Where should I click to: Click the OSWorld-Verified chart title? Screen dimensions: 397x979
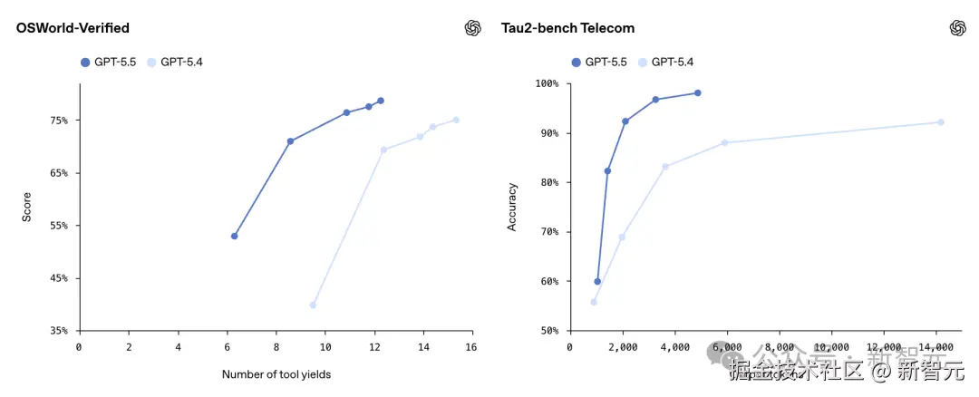pyautogui.click(x=73, y=28)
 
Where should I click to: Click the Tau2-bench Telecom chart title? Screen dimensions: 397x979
pyautogui.click(x=567, y=28)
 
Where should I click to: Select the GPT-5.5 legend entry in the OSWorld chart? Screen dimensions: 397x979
pyautogui.click(x=110, y=62)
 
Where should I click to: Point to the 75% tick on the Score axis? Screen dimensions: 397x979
pyautogui.click(x=59, y=121)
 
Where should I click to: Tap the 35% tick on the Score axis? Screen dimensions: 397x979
pyautogui.click(x=59, y=331)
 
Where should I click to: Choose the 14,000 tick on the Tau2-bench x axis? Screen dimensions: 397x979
pyautogui.click(x=935, y=347)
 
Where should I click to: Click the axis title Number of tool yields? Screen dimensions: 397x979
pyautogui.click(x=276, y=374)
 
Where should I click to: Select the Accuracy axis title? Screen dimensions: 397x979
pyautogui.click(x=512, y=207)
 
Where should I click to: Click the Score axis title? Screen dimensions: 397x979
pyautogui.click(x=27, y=207)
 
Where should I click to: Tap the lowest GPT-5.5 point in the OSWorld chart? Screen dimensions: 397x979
pyautogui.click(x=235, y=236)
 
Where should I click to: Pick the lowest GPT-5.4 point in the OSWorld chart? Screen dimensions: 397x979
pyautogui.click(x=313, y=305)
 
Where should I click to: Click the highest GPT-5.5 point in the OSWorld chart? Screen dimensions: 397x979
pyautogui.click(x=381, y=101)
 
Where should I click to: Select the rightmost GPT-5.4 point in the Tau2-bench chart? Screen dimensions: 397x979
pyautogui.click(x=941, y=122)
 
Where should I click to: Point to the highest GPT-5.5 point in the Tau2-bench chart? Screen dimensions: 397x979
pyautogui.click(x=698, y=93)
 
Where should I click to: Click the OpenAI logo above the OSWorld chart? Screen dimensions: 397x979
pyautogui.click(x=472, y=28)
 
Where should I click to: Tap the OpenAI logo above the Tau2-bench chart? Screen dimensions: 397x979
pyautogui.click(x=957, y=28)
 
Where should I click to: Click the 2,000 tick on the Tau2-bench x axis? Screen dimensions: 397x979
pyautogui.click(x=622, y=347)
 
